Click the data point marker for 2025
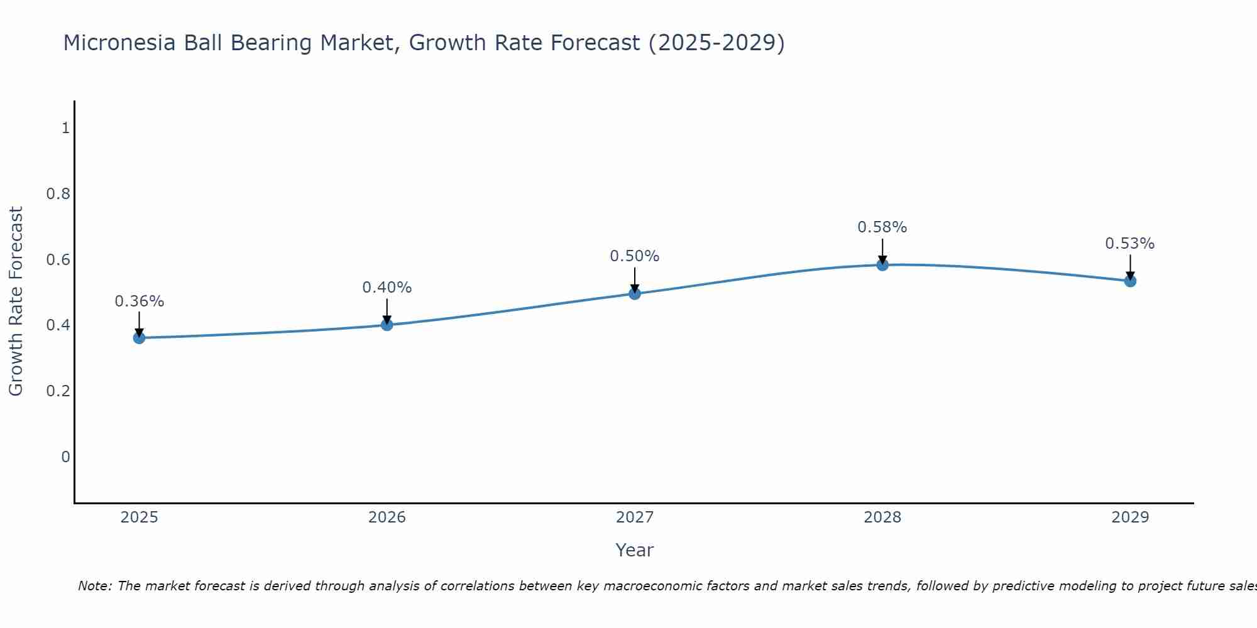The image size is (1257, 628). tap(139, 338)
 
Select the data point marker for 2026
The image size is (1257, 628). tap(387, 325)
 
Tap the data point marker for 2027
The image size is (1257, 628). tap(635, 293)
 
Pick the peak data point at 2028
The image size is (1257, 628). tap(882, 265)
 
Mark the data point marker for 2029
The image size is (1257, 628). tap(1130, 281)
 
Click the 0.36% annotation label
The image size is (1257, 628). tap(139, 301)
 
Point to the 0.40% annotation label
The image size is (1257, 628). tap(387, 288)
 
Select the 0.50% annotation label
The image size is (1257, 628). tap(635, 256)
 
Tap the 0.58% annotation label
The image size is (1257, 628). tap(882, 227)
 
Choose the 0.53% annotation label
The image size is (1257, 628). tap(1130, 244)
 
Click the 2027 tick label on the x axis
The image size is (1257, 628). tap(635, 517)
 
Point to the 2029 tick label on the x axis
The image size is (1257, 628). tap(1130, 517)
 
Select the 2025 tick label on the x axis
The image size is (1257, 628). tap(139, 517)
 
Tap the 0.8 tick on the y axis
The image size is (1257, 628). tap(58, 194)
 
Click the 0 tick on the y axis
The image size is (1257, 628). tap(65, 457)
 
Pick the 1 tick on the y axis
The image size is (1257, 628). tap(65, 128)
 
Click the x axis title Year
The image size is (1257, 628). tap(635, 550)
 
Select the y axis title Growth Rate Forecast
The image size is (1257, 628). tap(16, 301)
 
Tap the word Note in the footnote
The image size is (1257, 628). tap(94, 586)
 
